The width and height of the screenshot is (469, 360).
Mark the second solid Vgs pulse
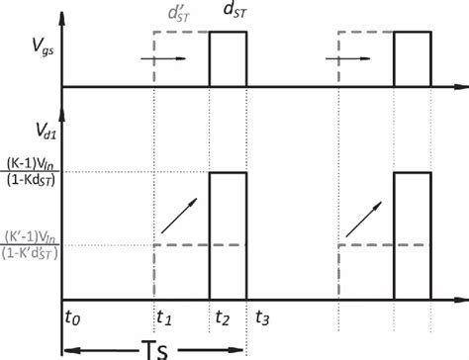tap(413, 59)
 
